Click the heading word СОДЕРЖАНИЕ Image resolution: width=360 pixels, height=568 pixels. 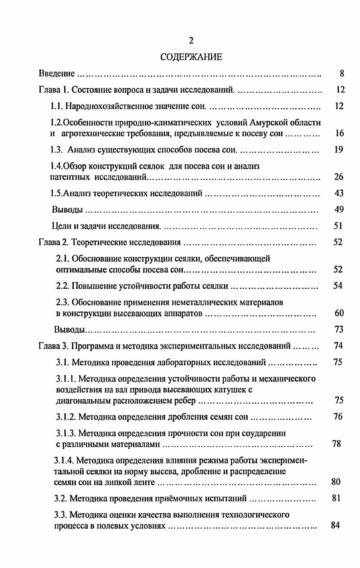pyautogui.click(x=191, y=57)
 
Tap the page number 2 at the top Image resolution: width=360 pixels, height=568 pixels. pyautogui.click(x=191, y=41)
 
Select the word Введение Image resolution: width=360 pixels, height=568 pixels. pyautogui.click(x=57, y=73)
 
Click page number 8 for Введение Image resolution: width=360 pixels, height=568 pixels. pyautogui.click(x=342, y=73)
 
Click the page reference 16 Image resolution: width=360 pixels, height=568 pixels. pyautogui.click(x=340, y=134)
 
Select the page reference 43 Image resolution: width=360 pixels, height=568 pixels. pyautogui.click(x=339, y=193)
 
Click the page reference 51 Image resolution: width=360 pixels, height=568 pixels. pyautogui.click(x=339, y=226)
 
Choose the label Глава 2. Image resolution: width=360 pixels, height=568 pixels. pyautogui.click(x=53, y=242)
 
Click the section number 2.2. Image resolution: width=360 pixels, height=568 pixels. pyautogui.click(x=62, y=286)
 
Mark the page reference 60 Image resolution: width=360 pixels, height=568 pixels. pyautogui.click(x=339, y=313)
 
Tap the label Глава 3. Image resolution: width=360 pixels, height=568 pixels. pyautogui.click(x=53, y=346)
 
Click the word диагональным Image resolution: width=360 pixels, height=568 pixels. pyautogui.click(x=82, y=401)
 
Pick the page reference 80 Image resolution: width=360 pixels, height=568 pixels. pyautogui.click(x=336, y=482)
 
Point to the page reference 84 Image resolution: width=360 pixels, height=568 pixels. pyautogui.click(x=336, y=525)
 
